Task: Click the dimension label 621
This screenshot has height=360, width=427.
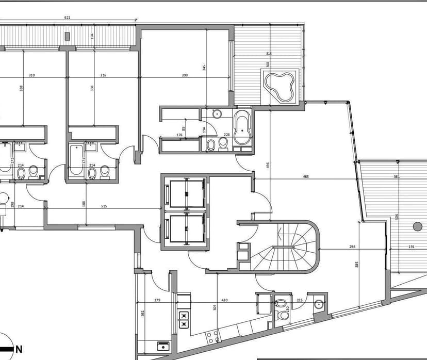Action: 67,18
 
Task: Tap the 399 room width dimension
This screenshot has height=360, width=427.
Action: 185,75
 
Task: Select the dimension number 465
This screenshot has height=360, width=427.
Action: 306,177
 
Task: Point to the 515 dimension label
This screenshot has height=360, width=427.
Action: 104,206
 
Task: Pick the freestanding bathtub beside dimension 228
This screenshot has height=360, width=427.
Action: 242,128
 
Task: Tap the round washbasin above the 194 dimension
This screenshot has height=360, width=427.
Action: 217,114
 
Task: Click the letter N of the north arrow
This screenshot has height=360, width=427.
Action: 19,349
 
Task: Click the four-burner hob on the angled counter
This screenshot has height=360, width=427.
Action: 212,337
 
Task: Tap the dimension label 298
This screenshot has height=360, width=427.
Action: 352,247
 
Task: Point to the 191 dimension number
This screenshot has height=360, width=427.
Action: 412,247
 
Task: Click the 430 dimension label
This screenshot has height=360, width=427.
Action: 224,300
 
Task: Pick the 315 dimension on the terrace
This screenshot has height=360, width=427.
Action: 269,54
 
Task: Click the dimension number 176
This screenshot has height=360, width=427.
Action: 179,135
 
